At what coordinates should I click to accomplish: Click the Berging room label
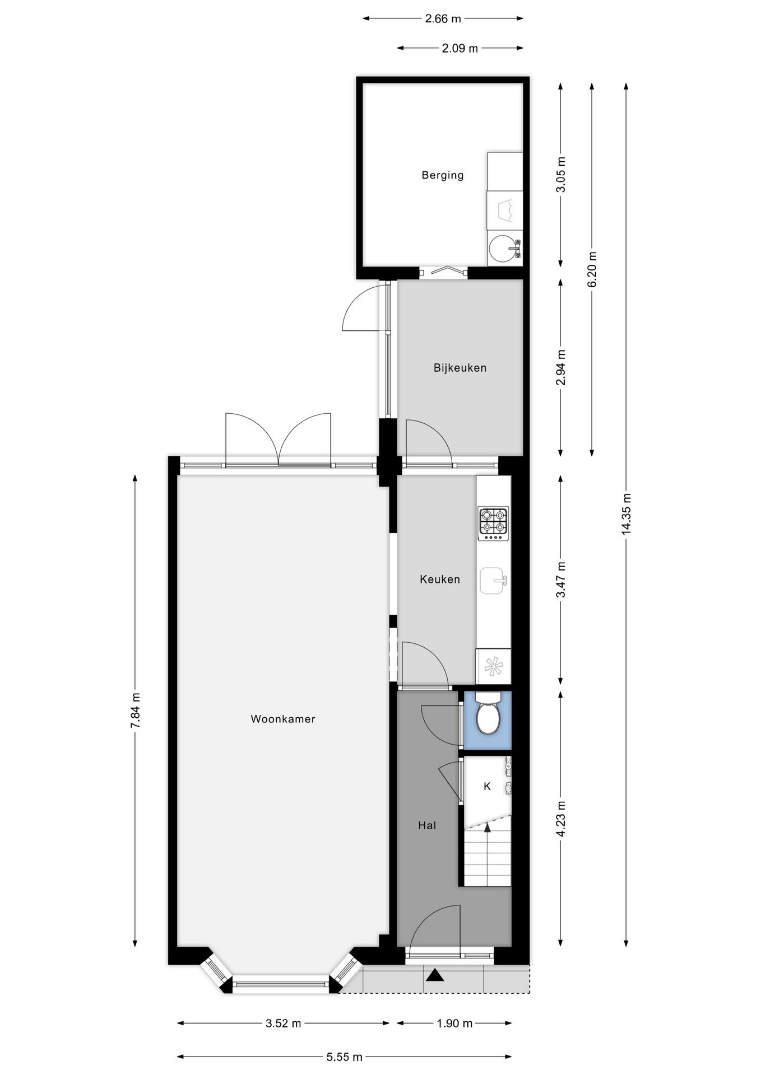tap(442, 175)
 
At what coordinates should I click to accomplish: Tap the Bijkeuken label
tap(460, 368)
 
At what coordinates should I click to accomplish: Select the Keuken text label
tap(439, 579)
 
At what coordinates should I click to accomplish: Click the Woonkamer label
tap(282, 719)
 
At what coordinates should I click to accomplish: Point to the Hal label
tap(426, 825)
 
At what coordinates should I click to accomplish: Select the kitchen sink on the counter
tap(493, 581)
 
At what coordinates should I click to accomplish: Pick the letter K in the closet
tap(487, 786)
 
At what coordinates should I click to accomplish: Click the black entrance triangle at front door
tap(434, 976)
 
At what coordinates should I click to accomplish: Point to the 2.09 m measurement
tap(460, 48)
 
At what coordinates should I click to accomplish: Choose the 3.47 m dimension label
tap(560, 579)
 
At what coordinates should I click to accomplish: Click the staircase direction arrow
tap(487, 826)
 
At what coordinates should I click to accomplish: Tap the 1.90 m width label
tap(454, 1023)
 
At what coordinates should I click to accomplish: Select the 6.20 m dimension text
tap(592, 269)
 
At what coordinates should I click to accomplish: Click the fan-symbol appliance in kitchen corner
tap(493, 666)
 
